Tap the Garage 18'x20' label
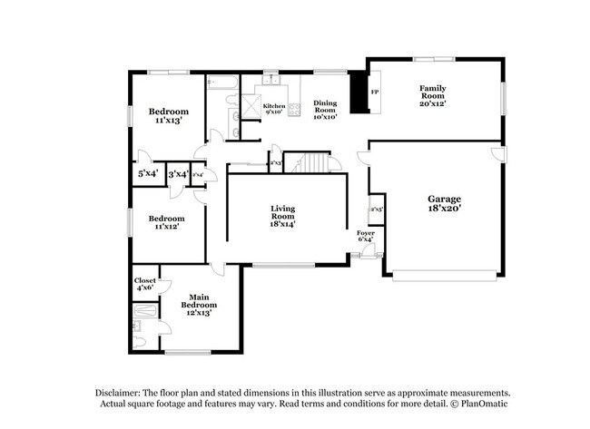445,203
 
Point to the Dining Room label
325,110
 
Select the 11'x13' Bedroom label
167,115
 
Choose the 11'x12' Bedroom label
166,222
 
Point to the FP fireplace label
375,93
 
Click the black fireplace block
360,92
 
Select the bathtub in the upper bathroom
223,85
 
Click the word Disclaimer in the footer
123,392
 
